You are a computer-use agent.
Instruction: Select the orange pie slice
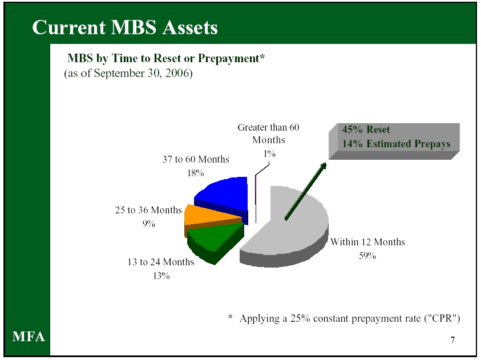[209, 219]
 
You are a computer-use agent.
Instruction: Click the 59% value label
[367, 256]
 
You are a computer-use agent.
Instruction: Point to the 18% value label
[196, 173]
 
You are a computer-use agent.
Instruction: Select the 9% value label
[149, 224]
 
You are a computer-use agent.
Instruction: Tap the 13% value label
[161, 276]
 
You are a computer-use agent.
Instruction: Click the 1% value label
[269, 153]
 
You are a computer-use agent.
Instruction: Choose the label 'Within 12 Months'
[367, 242]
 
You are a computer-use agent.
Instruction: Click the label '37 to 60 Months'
[196, 159]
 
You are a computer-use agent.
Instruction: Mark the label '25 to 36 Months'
[148, 210]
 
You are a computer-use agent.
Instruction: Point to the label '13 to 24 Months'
[161, 262]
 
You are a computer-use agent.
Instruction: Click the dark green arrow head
[323, 166]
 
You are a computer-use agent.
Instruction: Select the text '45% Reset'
[366, 130]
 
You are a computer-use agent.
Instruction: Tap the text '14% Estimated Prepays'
[397, 144]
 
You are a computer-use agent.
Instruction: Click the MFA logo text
[29, 337]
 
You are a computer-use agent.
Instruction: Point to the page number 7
[452, 340]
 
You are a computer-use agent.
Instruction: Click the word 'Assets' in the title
[190, 27]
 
